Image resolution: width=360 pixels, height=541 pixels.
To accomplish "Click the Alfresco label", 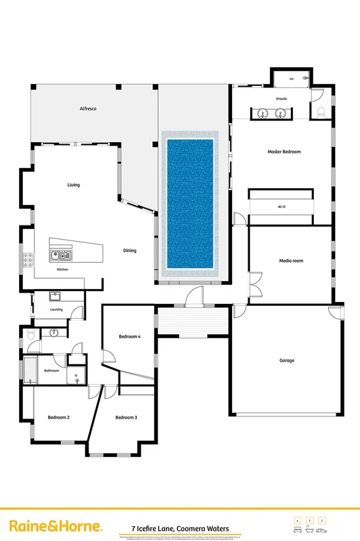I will click(x=88, y=108).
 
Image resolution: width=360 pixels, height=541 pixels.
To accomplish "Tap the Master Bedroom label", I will click(x=284, y=152).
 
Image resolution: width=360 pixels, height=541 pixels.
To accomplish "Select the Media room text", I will click(x=291, y=261).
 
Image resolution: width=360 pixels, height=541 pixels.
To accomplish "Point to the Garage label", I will click(x=287, y=360).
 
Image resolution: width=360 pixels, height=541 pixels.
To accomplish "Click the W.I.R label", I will click(x=282, y=207).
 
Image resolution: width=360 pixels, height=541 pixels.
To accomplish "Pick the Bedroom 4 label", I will click(x=129, y=337).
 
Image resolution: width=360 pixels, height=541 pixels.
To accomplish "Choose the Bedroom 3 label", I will click(x=126, y=418).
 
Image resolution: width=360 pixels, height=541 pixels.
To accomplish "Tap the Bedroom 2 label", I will click(x=59, y=418).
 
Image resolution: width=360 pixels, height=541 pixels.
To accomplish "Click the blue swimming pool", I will click(x=190, y=203).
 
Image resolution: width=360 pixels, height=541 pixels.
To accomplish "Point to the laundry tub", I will click(x=55, y=296).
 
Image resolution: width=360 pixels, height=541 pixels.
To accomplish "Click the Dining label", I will click(x=129, y=251).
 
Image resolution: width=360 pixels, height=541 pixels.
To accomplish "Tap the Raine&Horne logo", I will click(x=55, y=526).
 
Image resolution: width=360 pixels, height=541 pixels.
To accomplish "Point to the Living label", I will click(x=74, y=185).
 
